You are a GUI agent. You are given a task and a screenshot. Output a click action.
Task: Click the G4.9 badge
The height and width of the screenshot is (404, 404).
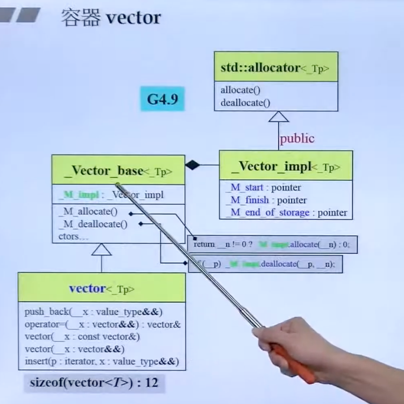pos(163,99)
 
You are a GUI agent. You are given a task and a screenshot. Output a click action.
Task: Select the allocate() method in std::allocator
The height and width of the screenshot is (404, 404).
pos(240,90)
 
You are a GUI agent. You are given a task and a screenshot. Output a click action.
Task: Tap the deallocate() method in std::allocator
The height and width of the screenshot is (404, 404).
pos(245,103)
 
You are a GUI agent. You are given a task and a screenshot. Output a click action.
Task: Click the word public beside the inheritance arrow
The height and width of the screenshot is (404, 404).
pos(297,139)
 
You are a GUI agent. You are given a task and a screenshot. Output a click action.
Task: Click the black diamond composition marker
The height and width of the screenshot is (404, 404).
pos(192,165)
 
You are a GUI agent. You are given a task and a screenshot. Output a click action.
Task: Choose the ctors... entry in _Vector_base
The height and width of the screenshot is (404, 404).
pos(73,236)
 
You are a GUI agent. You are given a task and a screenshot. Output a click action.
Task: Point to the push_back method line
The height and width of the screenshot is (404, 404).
pos(93,311)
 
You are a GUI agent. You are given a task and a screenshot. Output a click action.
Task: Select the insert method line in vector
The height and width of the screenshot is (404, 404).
pos(101,361)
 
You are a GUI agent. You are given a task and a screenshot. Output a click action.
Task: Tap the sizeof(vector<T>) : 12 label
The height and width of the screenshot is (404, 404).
pos(94,383)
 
